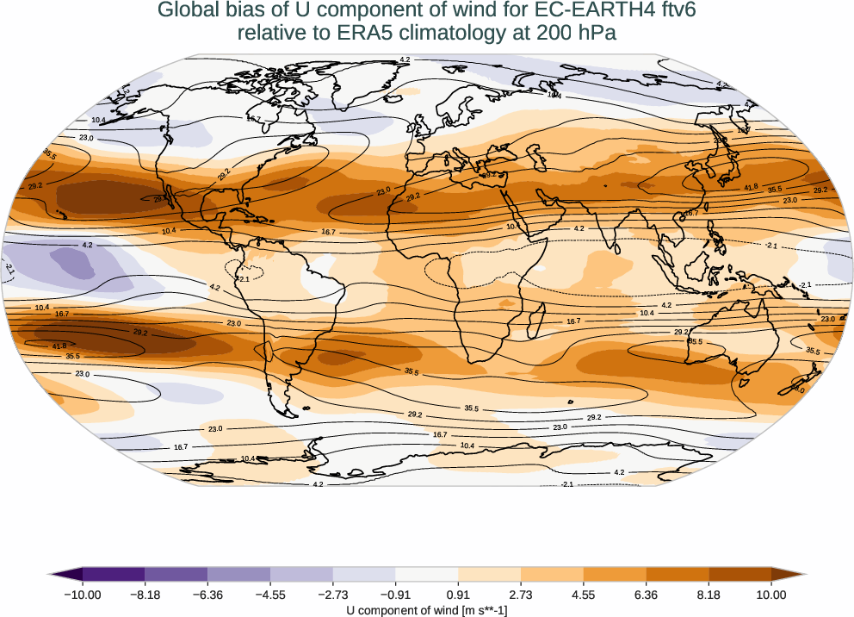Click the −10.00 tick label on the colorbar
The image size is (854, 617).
pyautogui.click(x=83, y=595)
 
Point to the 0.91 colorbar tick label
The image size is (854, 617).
pyautogui.click(x=458, y=595)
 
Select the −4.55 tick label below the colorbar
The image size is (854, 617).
pyautogui.click(x=270, y=595)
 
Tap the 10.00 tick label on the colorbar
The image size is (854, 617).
pyautogui.click(x=771, y=595)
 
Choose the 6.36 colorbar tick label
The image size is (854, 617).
pyautogui.click(x=646, y=595)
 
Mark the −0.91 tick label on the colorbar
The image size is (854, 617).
pyautogui.click(x=395, y=595)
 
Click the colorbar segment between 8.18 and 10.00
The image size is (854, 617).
pyautogui.click(x=740, y=574)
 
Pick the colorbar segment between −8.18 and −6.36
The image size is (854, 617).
pyautogui.click(x=176, y=574)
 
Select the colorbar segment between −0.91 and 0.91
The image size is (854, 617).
pyautogui.click(x=427, y=574)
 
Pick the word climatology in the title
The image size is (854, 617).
pyautogui.click(x=455, y=34)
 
